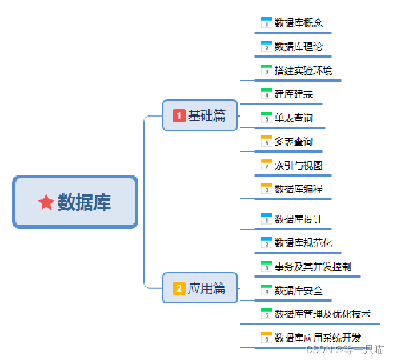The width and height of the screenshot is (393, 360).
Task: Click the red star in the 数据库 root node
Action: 46,202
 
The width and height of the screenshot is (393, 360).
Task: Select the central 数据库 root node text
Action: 85,202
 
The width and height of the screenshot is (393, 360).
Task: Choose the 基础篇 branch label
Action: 207,116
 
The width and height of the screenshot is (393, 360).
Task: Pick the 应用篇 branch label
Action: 207,289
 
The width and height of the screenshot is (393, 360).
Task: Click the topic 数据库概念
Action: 298,23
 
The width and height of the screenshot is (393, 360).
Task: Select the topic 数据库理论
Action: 298,46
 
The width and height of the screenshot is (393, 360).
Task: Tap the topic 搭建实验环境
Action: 303,70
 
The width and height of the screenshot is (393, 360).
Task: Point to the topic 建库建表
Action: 294,94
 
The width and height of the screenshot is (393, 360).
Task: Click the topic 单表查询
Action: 294,118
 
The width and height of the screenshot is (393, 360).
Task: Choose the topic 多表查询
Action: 294,141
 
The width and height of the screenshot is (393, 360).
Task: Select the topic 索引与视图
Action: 298,165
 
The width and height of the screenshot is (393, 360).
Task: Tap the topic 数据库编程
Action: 298,189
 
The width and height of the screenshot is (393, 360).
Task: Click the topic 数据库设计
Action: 298,219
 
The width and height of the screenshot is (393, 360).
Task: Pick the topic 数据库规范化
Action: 303,243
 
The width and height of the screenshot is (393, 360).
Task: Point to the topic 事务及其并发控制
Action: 312,266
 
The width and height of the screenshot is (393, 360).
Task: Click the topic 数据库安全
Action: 298,290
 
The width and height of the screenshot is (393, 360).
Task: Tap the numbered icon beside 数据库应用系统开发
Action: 267,338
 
